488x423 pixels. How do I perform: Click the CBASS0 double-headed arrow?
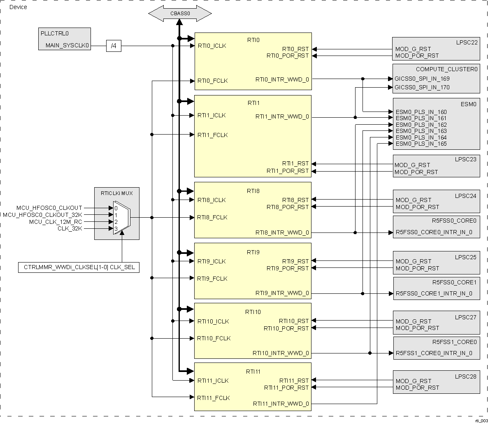pyautogui.click(x=180, y=14)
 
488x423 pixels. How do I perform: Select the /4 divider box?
pyautogui.click(x=114, y=46)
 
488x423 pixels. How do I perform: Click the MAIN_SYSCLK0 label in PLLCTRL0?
pyautogui.click(x=67, y=46)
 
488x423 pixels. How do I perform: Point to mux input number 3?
pyautogui.click(x=116, y=228)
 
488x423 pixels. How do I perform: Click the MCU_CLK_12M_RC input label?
pyautogui.click(x=56, y=222)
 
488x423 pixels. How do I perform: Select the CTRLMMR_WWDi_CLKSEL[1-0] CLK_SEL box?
pyautogui.click(x=79, y=267)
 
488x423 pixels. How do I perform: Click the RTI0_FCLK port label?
pyautogui.click(x=212, y=81)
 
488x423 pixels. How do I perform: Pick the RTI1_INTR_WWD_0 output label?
pyautogui.click(x=282, y=117)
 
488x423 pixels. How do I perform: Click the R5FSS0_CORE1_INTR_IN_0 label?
pyautogui.click(x=434, y=293)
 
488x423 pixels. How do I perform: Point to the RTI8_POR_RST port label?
pyautogui.click(x=287, y=207)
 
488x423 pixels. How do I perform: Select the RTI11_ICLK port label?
pyautogui.click(x=213, y=381)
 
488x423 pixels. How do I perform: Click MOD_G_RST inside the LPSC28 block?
pyautogui.click(x=414, y=381)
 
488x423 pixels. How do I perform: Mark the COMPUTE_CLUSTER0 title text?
pyautogui.click(x=446, y=70)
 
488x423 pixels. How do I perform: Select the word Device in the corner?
pyautogui.click(x=18, y=7)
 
